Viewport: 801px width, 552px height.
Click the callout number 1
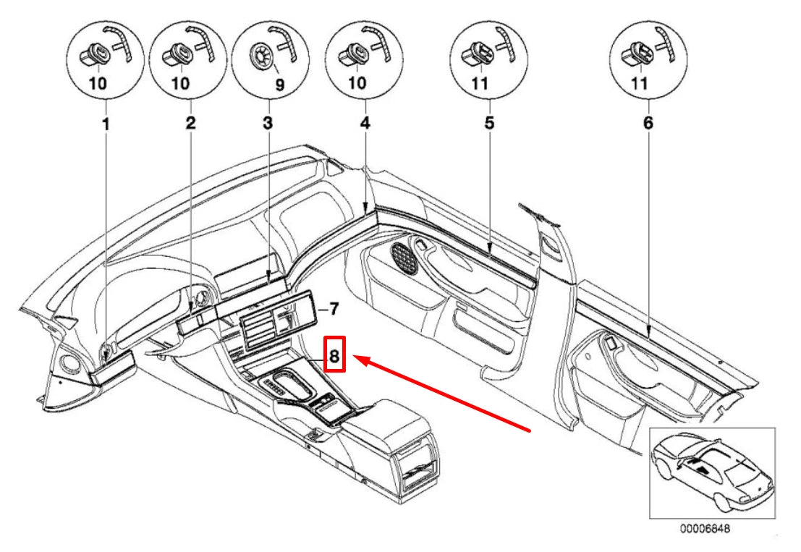pos(106,124)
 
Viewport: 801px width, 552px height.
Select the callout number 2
pos(190,122)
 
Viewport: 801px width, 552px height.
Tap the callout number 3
pos(268,122)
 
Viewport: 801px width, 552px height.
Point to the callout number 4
pos(365,123)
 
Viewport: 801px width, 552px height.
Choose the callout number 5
pos(489,123)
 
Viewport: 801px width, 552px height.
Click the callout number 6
pos(648,123)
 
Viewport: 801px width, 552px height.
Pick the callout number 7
pos(333,309)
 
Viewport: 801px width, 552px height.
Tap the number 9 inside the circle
pos(279,85)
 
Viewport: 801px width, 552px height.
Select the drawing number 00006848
pos(705,529)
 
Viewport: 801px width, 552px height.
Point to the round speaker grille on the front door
pos(404,257)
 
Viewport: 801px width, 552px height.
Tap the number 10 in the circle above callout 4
pos(357,82)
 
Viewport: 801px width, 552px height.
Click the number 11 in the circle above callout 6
pos(640,82)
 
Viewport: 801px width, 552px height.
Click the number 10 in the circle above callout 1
pos(98,82)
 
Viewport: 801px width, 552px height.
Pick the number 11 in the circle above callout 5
pos(480,82)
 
